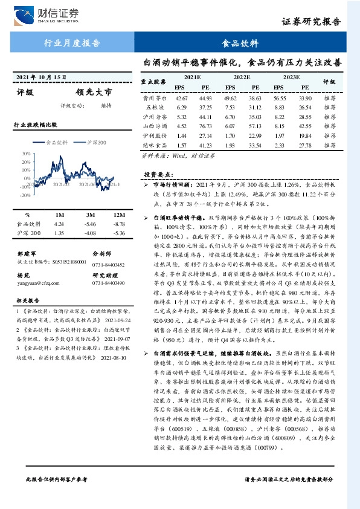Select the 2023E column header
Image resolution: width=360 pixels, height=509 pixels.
pyautogui.click(x=291, y=77)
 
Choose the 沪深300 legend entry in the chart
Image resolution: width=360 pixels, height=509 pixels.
pyautogui.click(x=93, y=143)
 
